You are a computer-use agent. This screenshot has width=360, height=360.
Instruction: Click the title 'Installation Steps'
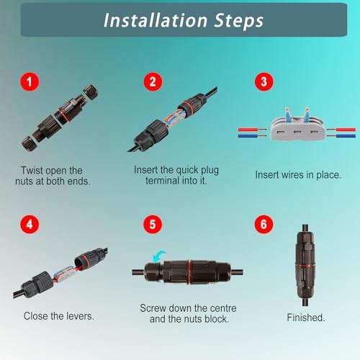(x=183, y=20)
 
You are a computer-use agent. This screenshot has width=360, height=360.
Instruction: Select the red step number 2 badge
(x=151, y=82)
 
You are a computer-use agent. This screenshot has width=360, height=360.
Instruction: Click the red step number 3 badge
(x=266, y=82)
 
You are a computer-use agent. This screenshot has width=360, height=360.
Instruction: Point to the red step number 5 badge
(x=151, y=224)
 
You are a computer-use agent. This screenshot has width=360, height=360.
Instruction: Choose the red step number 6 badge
(x=266, y=224)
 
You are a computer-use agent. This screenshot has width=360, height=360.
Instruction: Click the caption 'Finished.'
(x=306, y=317)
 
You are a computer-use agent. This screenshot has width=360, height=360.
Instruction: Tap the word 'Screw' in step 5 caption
(x=154, y=308)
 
